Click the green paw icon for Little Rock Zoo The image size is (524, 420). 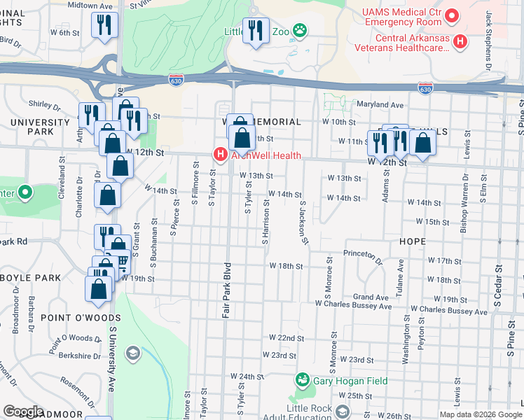point(301,29)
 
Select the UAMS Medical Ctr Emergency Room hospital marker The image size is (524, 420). point(453,14)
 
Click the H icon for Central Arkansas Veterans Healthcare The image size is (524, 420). point(460,42)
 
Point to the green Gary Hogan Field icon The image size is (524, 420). point(303,379)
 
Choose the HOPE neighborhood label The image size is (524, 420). point(413,241)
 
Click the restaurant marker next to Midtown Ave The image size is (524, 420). point(105,26)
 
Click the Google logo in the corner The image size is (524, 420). point(23,412)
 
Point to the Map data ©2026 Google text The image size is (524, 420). point(480,414)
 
